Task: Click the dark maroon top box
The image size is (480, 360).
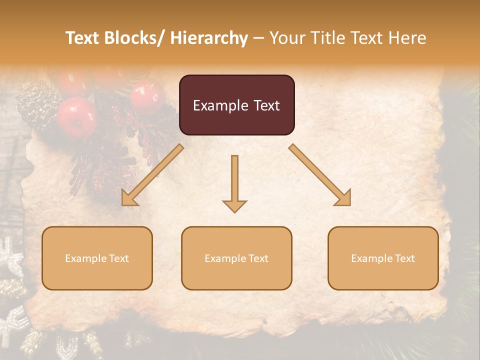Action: pyautogui.click(x=236, y=105)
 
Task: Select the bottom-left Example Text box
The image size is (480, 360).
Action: pyautogui.click(x=97, y=258)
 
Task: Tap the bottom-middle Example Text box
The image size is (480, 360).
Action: pyautogui.click(x=236, y=258)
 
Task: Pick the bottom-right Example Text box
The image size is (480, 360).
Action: pyautogui.click(x=383, y=258)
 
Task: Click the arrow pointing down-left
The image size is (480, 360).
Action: pyautogui.click(x=152, y=175)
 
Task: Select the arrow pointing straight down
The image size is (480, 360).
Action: pyautogui.click(x=234, y=183)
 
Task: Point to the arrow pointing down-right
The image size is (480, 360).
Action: pyautogui.click(x=320, y=174)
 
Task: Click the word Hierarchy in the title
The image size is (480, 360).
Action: pyautogui.click(x=208, y=38)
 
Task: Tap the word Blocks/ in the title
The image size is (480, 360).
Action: pyautogui.click(x=134, y=38)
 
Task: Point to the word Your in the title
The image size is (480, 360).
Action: pyautogui.click(x=288, y=38)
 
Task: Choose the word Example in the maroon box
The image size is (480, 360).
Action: pyautogui.click(x=220, y=105)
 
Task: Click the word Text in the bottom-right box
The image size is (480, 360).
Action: pyautogui.click(x=404, y=258)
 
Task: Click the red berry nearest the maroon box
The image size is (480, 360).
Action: pyautogui.click(x=147, y=95)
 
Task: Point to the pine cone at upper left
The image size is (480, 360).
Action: pyautogui.click(x=32, y=103)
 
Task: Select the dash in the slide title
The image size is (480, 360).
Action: pyautogui.click(x=258, y=38)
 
